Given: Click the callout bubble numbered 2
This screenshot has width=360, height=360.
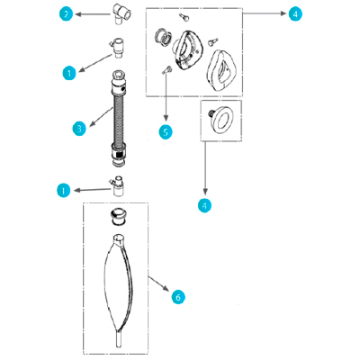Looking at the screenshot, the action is coord(66,13).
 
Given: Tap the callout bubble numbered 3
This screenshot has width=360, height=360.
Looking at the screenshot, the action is coord(79,129).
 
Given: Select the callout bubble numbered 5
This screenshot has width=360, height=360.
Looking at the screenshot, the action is coord(166,132).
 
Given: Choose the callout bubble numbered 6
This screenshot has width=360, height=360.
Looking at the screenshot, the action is coord(178,297).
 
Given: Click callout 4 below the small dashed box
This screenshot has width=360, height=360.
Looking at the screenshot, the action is coord(204,205).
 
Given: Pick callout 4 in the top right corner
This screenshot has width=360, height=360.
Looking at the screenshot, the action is coord(295,13).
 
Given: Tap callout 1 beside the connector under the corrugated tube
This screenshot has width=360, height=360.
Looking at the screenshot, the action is coord(64,191).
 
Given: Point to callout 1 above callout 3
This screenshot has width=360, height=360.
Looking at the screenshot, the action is coord(69,73).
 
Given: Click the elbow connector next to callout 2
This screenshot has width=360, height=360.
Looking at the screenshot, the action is coord(122,13).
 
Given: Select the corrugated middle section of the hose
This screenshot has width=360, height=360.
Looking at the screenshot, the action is coord(119,119).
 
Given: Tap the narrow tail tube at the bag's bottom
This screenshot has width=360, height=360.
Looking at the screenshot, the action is coord(119,339).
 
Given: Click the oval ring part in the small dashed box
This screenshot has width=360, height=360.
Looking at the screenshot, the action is coord(221,120).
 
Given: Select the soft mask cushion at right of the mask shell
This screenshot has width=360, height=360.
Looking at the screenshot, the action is coord(220,71).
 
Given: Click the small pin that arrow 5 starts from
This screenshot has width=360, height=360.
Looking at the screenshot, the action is coord(166,70).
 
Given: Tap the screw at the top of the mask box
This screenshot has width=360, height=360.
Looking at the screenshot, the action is coord(184,17).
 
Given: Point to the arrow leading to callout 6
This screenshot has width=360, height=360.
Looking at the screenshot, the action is coord(159,283).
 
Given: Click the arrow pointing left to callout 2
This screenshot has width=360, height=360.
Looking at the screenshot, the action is coord(93,14).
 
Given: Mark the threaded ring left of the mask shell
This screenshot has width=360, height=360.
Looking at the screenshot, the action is coord(163,37).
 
